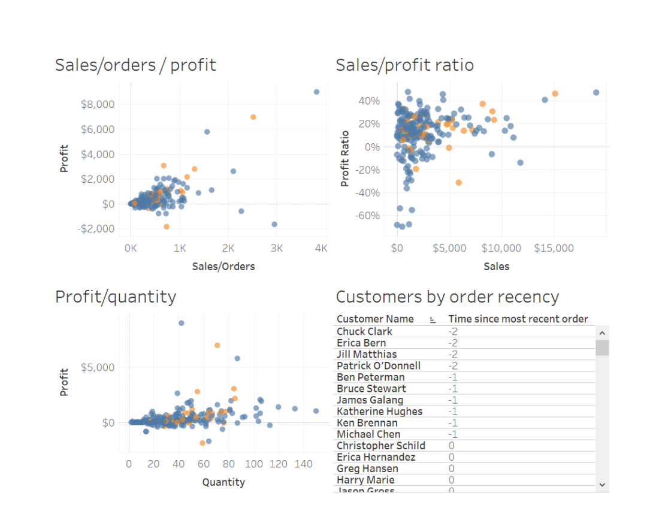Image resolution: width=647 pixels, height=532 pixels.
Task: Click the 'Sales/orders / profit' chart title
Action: [x=135, y=65]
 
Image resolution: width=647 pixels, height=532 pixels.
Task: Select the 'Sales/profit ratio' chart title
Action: [x=404, y=65]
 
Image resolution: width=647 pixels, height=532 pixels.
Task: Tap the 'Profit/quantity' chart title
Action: [x=116, y=297]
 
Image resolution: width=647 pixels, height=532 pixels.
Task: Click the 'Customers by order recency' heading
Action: [x=447, y=297]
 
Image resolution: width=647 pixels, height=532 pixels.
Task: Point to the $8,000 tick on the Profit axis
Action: [x=97, y=104]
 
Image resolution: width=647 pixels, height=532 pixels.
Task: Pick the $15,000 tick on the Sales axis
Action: [x=554, y=248]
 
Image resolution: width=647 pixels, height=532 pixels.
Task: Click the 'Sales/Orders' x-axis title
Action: [x=223, y=267]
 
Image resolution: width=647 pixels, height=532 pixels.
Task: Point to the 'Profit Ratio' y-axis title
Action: [x=344, y=159]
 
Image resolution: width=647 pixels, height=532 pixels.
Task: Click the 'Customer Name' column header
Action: [x=375, y=319]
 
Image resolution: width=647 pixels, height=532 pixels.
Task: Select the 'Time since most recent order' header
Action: [x=518, y=319]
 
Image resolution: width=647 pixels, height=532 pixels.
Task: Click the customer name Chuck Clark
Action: [x=364, y=331]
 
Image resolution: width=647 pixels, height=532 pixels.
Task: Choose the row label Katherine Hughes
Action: [x=379, y=412]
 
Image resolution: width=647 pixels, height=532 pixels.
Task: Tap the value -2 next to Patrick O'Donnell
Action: [x=453, y=365]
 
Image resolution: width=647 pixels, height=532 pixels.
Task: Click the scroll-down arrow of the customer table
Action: [x=602, y=484]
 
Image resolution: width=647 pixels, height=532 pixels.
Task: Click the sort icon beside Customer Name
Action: [x=433, y=320]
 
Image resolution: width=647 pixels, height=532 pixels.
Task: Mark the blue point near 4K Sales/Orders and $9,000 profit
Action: [x=316, y=92]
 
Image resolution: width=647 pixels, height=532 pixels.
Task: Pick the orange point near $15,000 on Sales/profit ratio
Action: [x=555, y=93]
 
